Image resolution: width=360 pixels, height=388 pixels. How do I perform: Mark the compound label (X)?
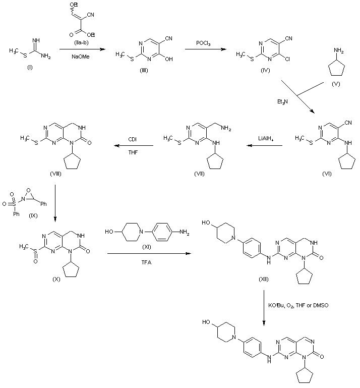point(56,279)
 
